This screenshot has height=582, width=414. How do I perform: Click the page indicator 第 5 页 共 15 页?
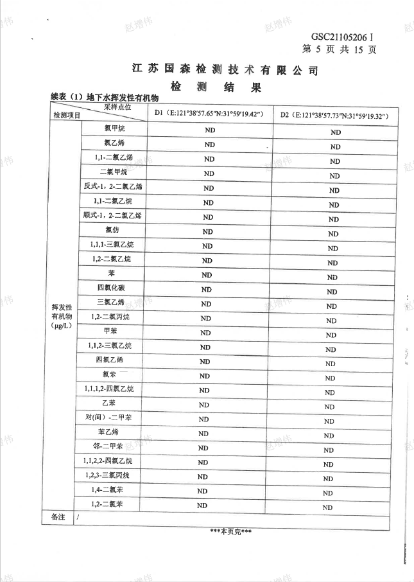pos(338,49)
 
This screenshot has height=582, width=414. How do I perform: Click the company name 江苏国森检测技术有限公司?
pos(225,69)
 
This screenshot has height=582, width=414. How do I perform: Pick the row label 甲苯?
pos(110,331)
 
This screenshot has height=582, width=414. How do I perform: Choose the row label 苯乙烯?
pos(108,431)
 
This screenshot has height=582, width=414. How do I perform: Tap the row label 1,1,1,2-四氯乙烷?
pos(109,389)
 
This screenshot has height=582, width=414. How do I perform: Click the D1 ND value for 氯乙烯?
pos(209,145)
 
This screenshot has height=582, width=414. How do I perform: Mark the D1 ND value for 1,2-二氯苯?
pos(202,506)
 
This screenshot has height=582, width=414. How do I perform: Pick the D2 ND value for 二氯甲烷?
pos(334,175)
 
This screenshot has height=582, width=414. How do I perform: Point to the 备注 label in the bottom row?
pos(58,517)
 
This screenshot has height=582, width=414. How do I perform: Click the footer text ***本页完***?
pos(230,532)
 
